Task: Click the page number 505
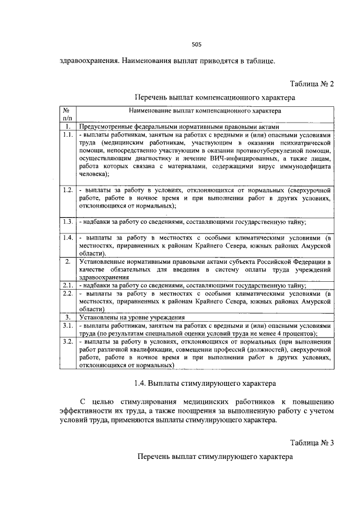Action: tap(196, 44)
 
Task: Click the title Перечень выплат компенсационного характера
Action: tap(215, 98)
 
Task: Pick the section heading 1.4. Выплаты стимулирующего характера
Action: tap(205, 384)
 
